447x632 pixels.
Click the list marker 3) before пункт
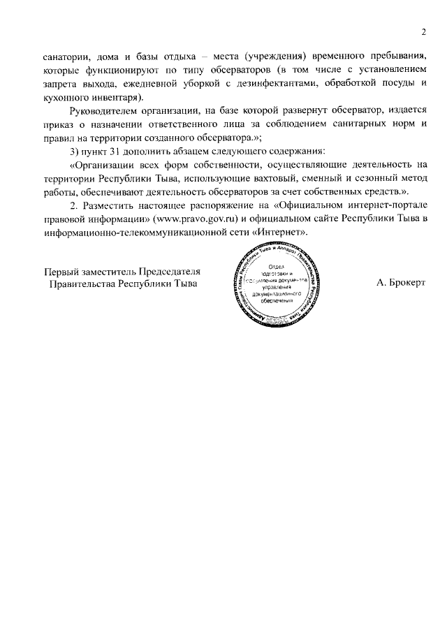pos(76,152)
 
